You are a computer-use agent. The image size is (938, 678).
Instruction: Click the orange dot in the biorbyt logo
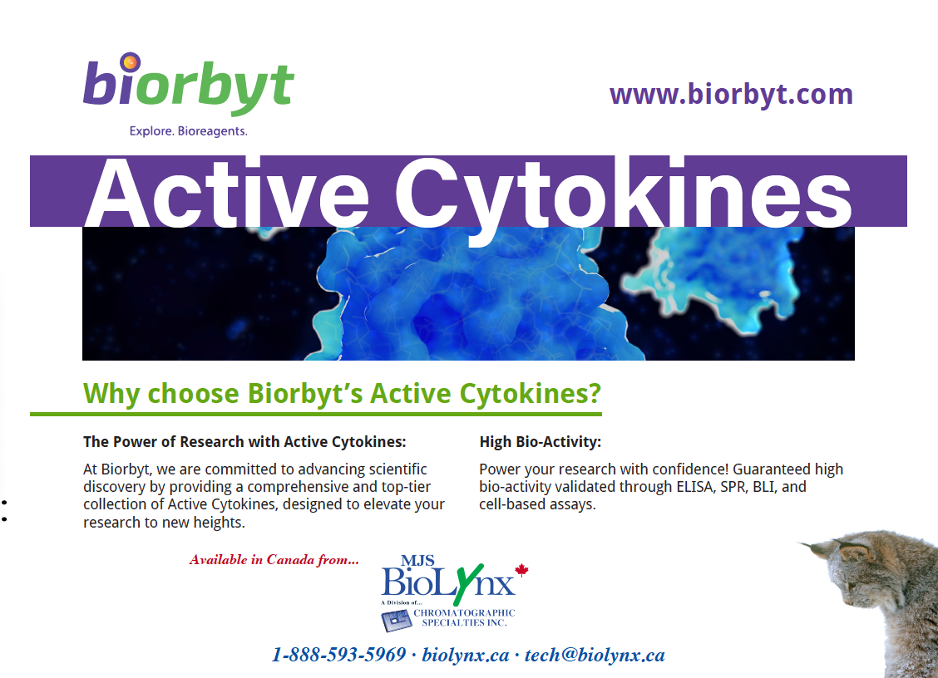[x=130, y=62]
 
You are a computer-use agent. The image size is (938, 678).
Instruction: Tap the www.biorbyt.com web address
[x=731, y=95]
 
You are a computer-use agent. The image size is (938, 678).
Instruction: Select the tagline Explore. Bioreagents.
[x=189, y=131]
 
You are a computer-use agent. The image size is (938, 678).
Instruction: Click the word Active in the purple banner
[x=227, y=194]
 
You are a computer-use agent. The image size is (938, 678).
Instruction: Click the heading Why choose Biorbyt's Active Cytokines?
[x=342, y=393]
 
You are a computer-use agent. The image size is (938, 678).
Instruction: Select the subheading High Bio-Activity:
[x=541, y=442]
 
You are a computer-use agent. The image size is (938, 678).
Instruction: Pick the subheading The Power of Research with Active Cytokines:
[x=244, y=442]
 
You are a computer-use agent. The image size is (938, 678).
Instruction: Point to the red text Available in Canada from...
[x=274, y=560]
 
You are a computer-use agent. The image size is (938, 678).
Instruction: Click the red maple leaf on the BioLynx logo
[x=521, y=570]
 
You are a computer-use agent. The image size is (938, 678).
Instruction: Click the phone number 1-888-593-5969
[x=339, y=655]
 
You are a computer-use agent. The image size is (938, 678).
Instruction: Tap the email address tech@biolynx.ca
[x=595, y=655]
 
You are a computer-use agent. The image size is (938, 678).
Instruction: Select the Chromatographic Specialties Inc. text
[x=464, y=617]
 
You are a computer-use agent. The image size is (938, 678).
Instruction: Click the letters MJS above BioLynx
[x=417, y=561]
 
